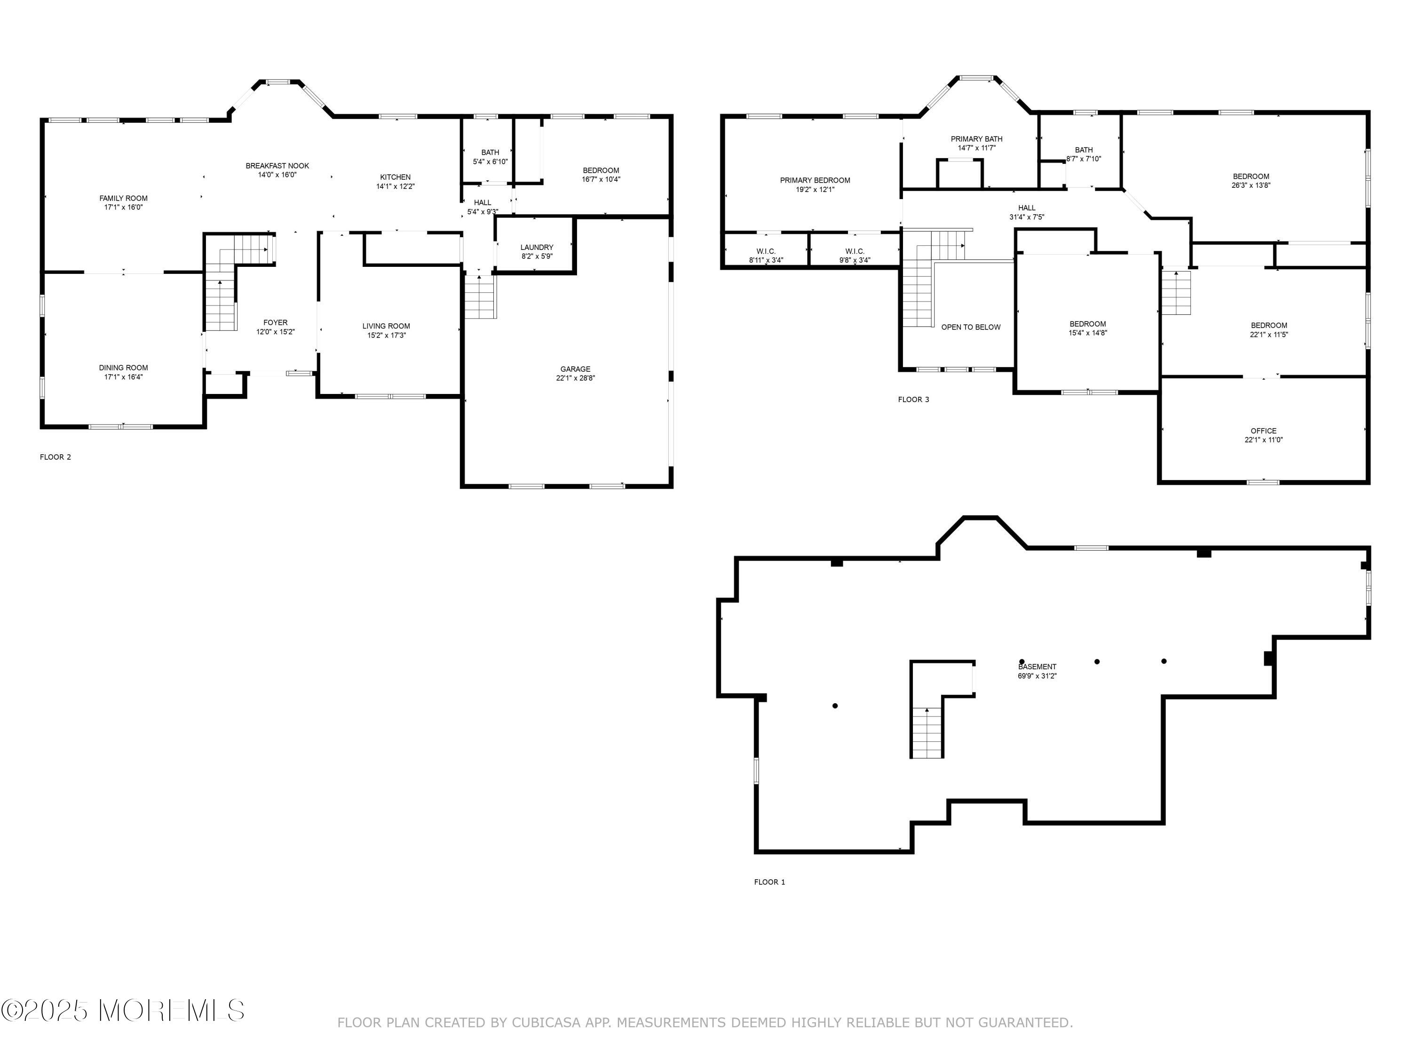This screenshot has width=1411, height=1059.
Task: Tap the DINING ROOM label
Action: tap(123, 368)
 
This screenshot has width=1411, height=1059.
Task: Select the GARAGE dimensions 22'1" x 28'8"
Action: tap(575, 378)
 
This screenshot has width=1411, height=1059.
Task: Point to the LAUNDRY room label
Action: tap(537, 248)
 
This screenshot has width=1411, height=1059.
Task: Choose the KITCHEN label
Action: tap(396, 177)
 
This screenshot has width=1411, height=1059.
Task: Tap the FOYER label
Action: tap(276, 323)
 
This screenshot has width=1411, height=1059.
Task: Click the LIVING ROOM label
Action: tap(387, 326)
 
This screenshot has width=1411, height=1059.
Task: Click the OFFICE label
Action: tap(1264, 431)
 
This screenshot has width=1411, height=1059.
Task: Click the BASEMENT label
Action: tap(1037, 667)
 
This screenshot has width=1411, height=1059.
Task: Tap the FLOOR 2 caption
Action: tap(55, 457)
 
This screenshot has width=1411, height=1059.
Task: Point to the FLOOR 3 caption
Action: tap(913, 400)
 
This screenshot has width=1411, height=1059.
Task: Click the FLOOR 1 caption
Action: tap(769, 882)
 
